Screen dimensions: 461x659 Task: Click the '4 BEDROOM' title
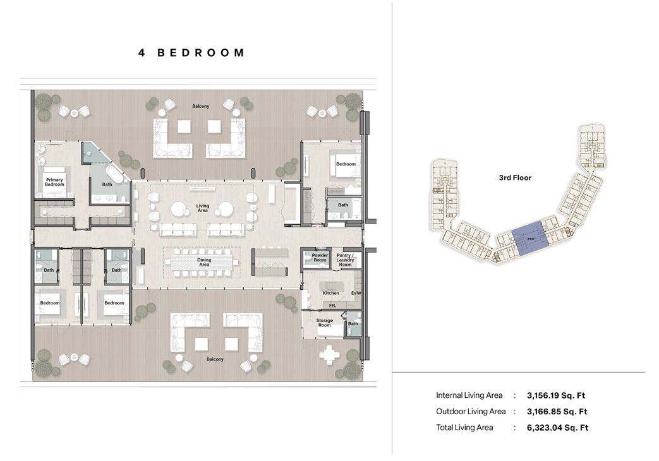pyautogui.click(x=191, y=53)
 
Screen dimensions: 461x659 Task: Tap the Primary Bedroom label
pyautogui.click(x=54, y=181)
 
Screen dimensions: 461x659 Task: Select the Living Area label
pyautogui.click(x=202, y=208)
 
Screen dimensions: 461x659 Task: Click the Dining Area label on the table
pyautogui.click(x=203, y=262)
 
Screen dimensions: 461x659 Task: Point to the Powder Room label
pyautogui.click(x=320, y=257)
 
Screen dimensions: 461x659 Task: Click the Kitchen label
pyautogui.click(x=331, y=293)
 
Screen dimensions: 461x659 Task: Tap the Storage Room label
pyautogui.click(x=325, y=322)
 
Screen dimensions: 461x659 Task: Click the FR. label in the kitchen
pyautogui.click(x=332, y=306)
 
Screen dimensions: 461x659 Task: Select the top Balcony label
pyautogui.click(x=201, y=106)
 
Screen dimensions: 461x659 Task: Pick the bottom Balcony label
pyautogui.click(x=215, y=359)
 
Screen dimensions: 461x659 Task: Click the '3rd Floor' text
pyautogui.click(x=515, y=178)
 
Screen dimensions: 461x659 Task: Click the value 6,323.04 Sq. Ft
pyautogui.click(x=557, y=428)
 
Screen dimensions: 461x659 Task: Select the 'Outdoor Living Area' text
pyautogui.click(x=471, y=412)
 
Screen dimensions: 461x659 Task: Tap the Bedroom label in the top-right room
pyautogui.click(x=346, y=164)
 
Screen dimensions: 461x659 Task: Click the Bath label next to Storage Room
pyautogui.click(x=353, y=324)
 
